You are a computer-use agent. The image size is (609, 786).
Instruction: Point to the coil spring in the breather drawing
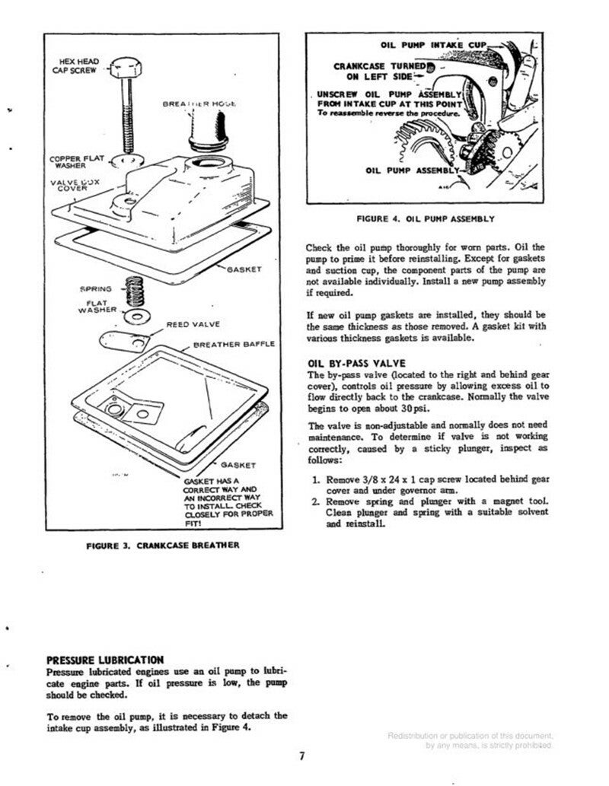(x=137, y=289)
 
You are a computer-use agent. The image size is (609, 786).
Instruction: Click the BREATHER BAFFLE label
(x=234, y=344)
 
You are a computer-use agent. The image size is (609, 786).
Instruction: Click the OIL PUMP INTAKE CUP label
(x=432, y=46)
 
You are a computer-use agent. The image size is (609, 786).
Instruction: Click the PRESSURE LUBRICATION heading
(x=105, y=659)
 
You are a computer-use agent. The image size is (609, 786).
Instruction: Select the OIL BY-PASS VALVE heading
(x=356, y=363)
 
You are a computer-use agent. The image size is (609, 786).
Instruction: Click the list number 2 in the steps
(x=315, y=502)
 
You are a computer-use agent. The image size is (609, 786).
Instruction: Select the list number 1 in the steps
(x=315, y=480)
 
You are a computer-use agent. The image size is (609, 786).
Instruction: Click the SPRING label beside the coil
(x=97, y=289)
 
